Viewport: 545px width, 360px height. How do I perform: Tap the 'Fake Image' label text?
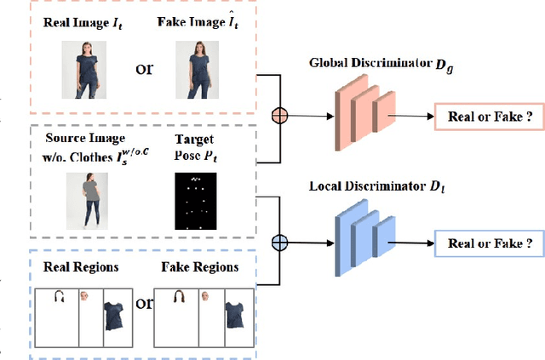198,22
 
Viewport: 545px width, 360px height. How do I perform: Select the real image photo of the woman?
83,70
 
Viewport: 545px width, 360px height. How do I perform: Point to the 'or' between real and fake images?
145,68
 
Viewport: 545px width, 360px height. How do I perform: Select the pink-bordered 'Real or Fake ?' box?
488,117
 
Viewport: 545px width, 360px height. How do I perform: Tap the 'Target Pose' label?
195,146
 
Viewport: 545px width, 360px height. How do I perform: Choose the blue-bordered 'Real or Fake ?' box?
488,243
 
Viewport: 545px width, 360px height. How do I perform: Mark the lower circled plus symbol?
278,243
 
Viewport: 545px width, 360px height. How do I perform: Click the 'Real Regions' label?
81,266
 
